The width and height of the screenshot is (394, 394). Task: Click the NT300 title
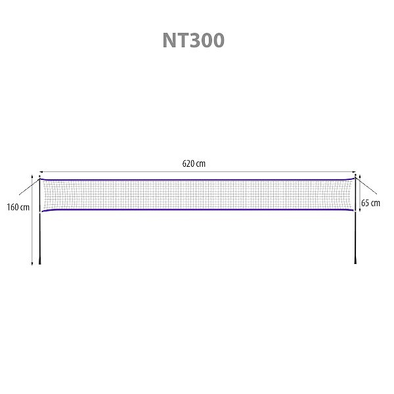click(x=194, y=40)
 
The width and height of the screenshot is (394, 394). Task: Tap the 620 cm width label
click(x=194, y=164)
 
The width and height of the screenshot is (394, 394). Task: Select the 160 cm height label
click(x=18, y=208)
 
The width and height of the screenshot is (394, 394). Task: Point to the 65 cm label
click(x=370, y=203)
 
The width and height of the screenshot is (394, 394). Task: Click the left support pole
click(x=39, y=221)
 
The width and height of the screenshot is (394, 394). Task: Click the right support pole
click(x=355, y=221)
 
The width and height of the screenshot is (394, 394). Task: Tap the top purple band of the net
click(x=198, y=180)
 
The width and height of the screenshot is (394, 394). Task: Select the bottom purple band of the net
click(x=198, y=209)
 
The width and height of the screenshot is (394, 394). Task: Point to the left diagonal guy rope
click(x=29, y=186)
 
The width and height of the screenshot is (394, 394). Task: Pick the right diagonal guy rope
click(x=366, y=186)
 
